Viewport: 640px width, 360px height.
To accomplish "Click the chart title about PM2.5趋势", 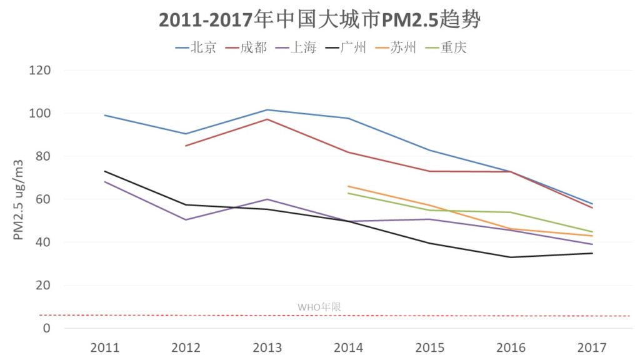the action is [x=319, y=19].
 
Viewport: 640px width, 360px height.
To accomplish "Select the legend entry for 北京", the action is [x=196, y=47].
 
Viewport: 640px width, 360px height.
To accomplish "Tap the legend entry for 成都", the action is [x=246, y=47].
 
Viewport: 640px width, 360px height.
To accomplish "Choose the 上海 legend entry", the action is [x=296, y=47].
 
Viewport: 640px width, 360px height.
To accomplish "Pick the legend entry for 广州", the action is [x=346, y=47].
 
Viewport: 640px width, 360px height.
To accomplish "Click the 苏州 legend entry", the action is [x=396, y=47].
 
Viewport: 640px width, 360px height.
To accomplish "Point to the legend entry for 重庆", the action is [x=446, y=47].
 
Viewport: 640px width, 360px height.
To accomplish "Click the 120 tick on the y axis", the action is [x=40, y=70].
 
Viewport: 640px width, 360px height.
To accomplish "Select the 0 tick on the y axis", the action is [x=47, y=328].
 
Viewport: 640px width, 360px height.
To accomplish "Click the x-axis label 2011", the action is [x=105, y=347].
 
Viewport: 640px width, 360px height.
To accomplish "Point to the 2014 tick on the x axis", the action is [x=349, y=347].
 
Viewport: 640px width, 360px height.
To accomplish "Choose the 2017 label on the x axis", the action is [x=592, y=347].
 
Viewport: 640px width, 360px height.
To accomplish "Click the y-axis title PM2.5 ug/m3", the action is [x=18, y=199].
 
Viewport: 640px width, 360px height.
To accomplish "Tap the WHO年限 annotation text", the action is [x=319, y=307].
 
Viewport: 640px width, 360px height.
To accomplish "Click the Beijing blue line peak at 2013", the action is [x=267, y=110].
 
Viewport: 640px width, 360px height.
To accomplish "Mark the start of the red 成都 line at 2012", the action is [x=186, y=146].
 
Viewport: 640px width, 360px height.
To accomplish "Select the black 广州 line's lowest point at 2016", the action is [x=511, y=257].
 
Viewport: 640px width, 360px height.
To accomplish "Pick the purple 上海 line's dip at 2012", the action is [x=186, y=220].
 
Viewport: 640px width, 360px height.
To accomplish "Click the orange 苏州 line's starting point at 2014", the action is [x=348, y=186].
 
